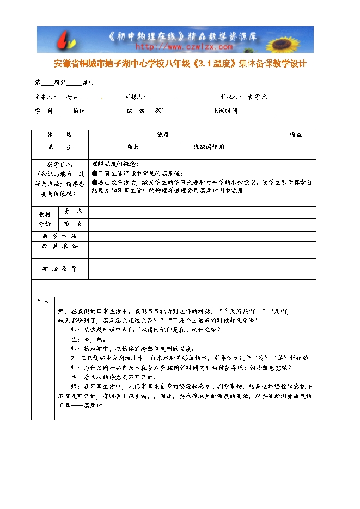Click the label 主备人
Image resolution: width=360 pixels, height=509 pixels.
click(x=45, y=97)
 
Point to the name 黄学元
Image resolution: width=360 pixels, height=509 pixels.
click(x=257, y=97)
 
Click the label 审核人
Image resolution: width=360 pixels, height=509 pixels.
click(x=135, y=97)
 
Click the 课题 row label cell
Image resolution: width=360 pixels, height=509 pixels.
click(x=59, y=134)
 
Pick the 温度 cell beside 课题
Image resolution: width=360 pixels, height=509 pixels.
click(x=163, y=134)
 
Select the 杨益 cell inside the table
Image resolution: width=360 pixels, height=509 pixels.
click(x=296, y=134)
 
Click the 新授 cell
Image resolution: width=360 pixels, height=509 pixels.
click(x=133, y=147)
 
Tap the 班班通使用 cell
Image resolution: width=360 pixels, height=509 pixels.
click(x=209, y=147)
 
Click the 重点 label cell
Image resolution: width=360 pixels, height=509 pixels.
click(x=73, y=211)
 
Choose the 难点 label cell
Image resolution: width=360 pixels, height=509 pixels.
click(x=73, y=224)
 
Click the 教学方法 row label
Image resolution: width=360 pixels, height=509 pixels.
click(x=59, y=236)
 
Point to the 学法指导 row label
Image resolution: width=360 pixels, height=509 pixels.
click(x=59, y=269)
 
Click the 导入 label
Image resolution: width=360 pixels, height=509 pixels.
click(x=43, y=301)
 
